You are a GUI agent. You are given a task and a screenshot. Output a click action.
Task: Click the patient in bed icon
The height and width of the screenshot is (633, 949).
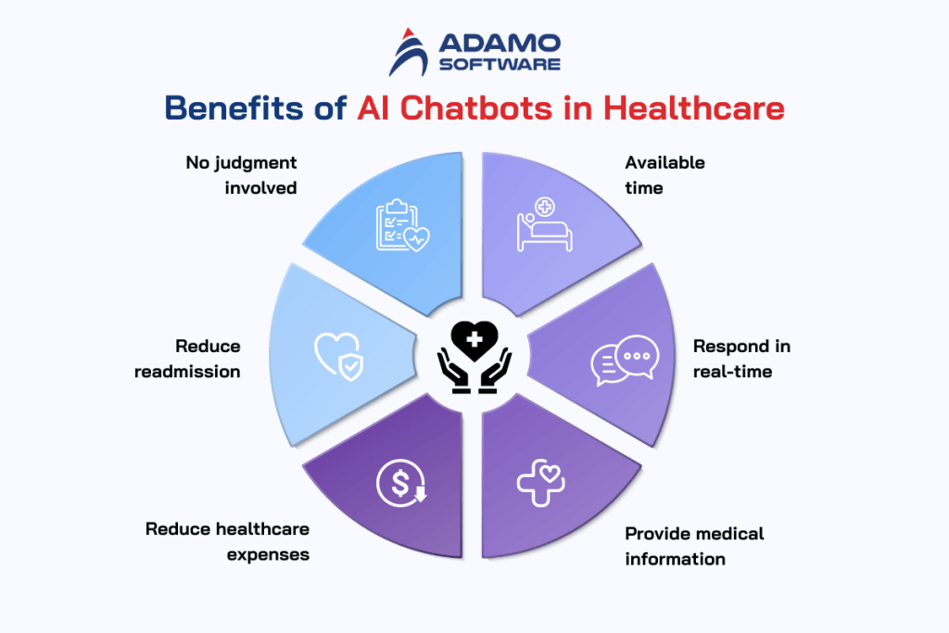click(543, 225)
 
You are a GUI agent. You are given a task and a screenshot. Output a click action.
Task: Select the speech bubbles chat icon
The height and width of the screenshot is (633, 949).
click(625, 360)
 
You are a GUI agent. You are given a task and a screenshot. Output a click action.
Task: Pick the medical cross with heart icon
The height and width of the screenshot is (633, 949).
click(541, 483)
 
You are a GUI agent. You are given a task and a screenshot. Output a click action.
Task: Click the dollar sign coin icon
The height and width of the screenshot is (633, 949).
click(399, 483)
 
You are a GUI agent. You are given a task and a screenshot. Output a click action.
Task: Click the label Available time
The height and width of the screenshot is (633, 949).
click(664, 175)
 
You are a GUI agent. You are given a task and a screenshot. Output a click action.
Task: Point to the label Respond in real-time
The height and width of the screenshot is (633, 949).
click(741, 359)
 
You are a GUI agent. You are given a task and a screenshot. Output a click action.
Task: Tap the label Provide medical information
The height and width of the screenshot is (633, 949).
click(694, 546)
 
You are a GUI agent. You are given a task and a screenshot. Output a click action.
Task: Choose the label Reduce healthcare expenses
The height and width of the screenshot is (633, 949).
click(227, 541)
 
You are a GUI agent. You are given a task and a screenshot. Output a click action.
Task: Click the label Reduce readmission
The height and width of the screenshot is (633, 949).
click(187, 359)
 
